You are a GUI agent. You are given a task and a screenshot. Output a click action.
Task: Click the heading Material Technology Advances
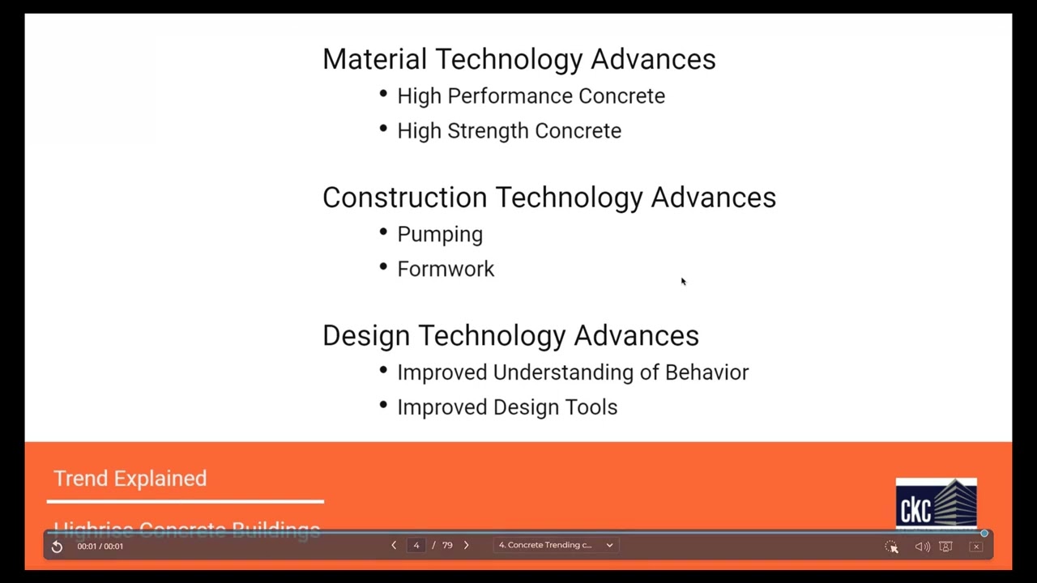tap(518, 59)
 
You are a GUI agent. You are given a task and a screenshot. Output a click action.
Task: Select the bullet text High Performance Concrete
tap(531, 96)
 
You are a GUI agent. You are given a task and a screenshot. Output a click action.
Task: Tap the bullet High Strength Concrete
tap(509, 131)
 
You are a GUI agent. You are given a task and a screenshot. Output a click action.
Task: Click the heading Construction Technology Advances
tap(548, 198)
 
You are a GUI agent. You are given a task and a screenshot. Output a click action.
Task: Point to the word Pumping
tap(439, 235)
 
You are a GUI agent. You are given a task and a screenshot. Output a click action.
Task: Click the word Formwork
tap(446, 270)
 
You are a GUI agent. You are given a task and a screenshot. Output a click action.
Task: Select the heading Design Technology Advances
tap(510, 336)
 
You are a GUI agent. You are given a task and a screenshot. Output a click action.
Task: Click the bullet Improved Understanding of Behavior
tap(572, 372)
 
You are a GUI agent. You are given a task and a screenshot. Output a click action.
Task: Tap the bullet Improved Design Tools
tap(507, 407)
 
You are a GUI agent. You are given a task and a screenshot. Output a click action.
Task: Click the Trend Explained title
tap(130, 479)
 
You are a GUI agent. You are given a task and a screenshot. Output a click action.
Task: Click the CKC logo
tap(936, 504)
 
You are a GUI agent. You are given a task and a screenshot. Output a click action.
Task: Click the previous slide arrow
tap(394, 546)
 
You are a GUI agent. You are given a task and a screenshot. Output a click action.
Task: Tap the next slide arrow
tap(466, 546)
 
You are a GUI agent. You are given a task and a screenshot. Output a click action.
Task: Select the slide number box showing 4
tap(416, 546)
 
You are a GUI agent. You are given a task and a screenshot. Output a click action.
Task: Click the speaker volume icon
tap(922, 547)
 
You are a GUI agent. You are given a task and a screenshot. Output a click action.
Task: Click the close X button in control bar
tap(976, 547)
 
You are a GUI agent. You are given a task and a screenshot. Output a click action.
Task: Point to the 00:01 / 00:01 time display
tap(100, 547)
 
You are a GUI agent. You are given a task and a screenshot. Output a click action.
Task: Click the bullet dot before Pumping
tap(383, 232)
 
